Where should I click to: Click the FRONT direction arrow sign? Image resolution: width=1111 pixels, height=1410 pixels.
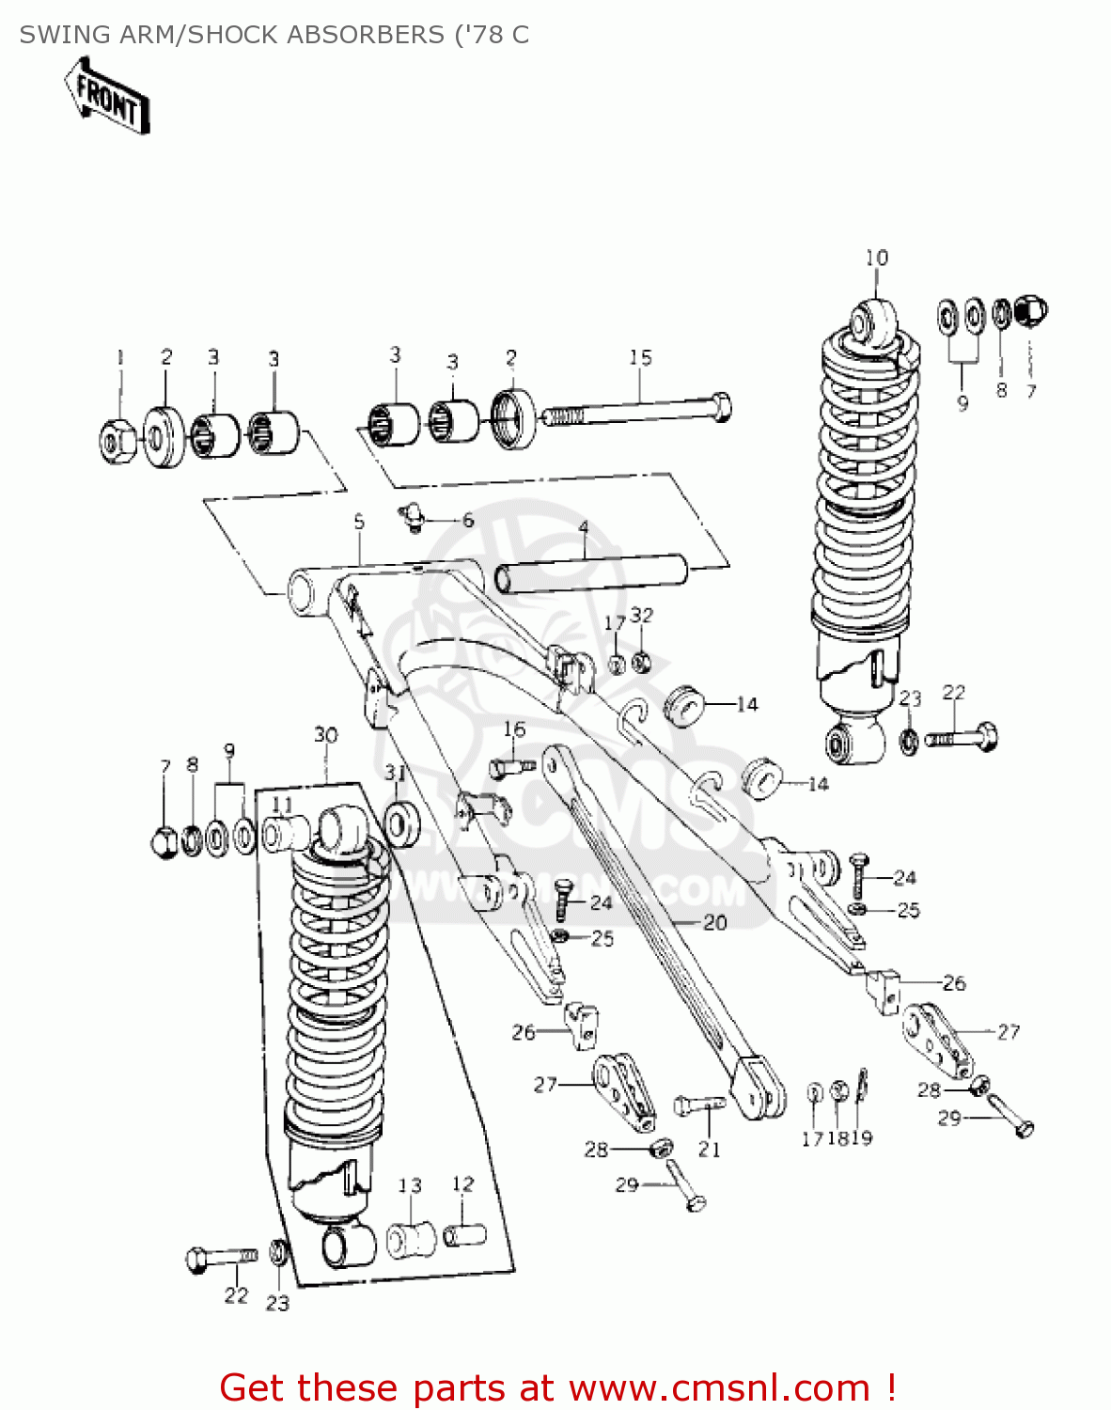107,95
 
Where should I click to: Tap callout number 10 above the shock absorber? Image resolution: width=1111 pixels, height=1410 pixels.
876,258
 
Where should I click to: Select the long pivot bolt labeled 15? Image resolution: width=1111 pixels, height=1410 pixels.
639,411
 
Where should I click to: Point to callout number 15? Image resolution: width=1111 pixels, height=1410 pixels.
640,357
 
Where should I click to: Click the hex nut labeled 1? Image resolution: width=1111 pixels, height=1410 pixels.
117,440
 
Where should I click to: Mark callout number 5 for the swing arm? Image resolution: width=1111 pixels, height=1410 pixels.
359,521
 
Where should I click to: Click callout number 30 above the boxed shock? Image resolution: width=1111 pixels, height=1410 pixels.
325,734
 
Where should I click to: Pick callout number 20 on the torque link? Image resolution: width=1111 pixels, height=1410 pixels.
715,922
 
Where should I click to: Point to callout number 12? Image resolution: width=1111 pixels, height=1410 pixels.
462,1183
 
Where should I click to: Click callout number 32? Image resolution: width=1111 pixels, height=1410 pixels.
641,615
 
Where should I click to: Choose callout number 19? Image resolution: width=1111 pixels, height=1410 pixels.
862,1137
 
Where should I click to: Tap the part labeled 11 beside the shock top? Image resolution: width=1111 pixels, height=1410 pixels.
286,833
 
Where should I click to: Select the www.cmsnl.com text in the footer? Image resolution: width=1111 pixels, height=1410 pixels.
720,1387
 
